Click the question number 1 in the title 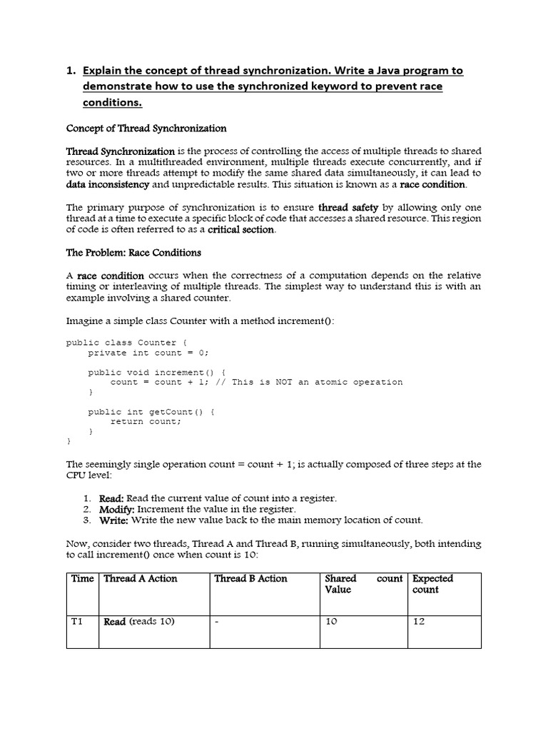pos(70,71)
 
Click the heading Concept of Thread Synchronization pos(146,128)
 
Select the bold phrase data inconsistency pos(108,184)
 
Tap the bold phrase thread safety pos(348,208)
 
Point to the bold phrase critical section pos(240,230)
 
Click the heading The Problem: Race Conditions pos(133,253)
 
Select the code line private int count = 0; pos(148,353)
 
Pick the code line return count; pos(146,421)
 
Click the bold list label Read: pos(111,498)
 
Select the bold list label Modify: pos(116,509)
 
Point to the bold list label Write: pos(113,520)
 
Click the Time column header pos(82,579)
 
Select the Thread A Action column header pos(141,579)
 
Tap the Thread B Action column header pos(251,579)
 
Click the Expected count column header pos(432,584)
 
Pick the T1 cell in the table pos(77,622)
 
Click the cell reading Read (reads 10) pos(139,622)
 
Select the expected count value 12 pos(419,622)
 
